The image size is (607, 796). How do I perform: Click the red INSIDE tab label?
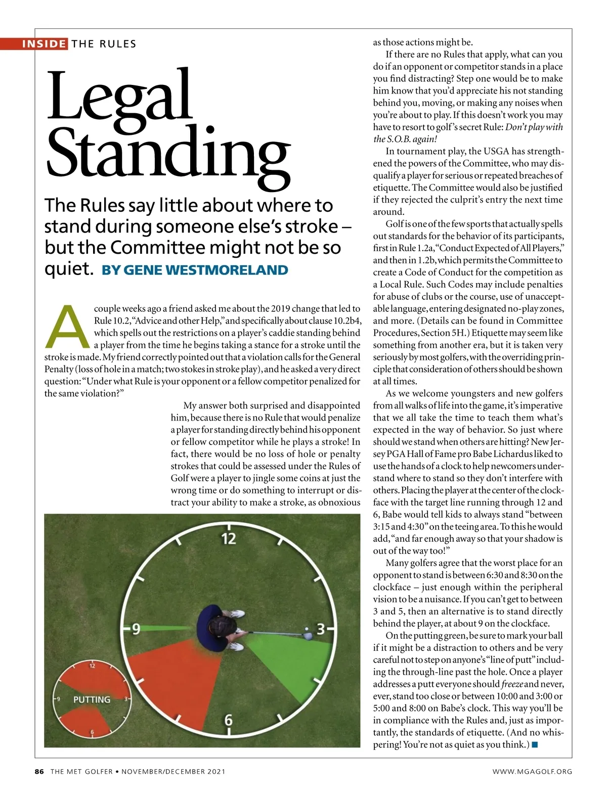click(44, 43)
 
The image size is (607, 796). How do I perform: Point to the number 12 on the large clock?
click(229, 539)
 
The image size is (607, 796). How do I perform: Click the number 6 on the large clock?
click(229, 720)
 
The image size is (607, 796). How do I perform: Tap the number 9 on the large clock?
click(136, 629)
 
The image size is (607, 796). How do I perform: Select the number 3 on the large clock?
click(320, 629)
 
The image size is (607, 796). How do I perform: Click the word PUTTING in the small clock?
click(92, 699)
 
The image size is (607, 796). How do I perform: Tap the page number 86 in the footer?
click(39, 771)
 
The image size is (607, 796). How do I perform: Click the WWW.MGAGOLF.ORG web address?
click(533, 771)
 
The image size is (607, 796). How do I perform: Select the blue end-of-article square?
click(535, 744)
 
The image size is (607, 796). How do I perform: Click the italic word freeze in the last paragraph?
click(512, 684)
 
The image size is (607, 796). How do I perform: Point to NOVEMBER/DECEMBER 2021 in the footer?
click(174, 771)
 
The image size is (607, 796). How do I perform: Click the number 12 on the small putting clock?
click(92, 666)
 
